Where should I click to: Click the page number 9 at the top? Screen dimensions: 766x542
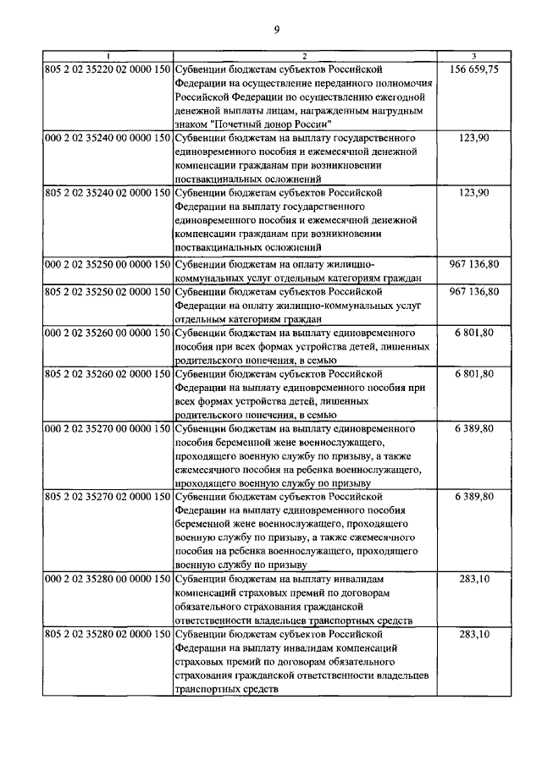coord(276,31)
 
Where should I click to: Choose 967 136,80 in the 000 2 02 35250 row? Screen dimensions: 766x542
coord(474,264)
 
